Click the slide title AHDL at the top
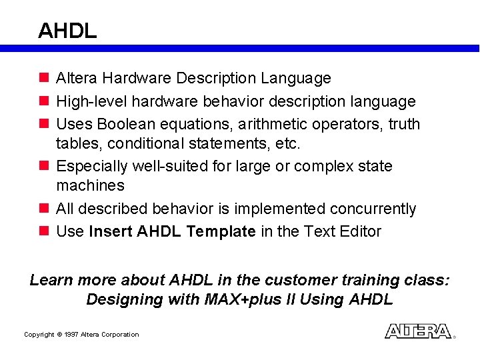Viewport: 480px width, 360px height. point(67,30)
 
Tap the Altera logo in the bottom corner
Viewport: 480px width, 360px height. point(419,331)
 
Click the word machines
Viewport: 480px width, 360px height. point(90,185)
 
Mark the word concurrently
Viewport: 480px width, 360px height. point(373,209)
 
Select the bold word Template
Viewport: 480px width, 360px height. point(221,231)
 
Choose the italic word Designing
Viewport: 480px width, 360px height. point(123,299)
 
